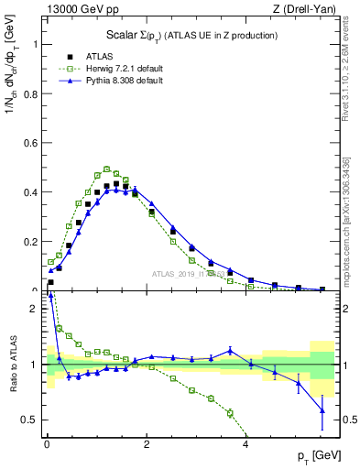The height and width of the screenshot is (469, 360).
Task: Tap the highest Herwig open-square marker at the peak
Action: tap(106, 169)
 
